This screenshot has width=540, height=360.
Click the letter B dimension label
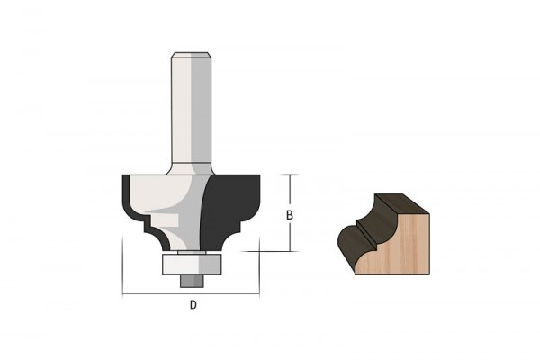pos(290,215)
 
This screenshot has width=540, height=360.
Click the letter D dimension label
pos(193,304)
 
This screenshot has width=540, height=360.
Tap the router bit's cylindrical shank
pos(191,110)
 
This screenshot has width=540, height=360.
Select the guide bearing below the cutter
pos(191,265)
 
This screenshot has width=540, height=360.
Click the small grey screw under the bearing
pos(193,281)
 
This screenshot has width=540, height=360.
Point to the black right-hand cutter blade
pos(229,211)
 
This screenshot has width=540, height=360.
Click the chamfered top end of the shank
pos(191,55)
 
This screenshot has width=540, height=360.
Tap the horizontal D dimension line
pos(191,294)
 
